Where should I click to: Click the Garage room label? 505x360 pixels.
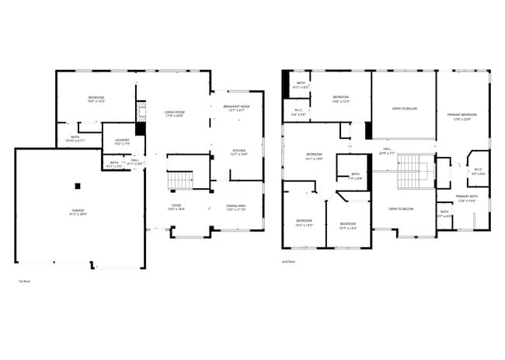[x=78, y=212]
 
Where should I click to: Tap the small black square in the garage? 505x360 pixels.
[x=78, y=186]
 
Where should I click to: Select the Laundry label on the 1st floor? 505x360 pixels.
[x=122, y=142]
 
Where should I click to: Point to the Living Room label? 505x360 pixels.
[x=174, y=114]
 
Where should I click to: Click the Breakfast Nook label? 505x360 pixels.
[x=236, y=108]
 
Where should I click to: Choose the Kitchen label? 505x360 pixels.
[x=239, y=152]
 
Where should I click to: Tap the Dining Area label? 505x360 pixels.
[x=236, y=208]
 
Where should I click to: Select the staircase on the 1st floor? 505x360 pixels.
[x=179, y=180]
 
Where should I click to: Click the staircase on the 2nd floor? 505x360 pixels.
[x=408, y=172]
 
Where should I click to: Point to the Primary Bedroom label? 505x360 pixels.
[x=462, y=117]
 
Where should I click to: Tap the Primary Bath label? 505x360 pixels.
[x=467, y=198]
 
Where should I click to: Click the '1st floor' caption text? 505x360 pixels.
[x=23, y=281]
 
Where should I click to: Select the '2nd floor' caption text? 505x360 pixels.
[x=289, y=262]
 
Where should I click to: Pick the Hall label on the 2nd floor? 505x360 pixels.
[x=387, y=151]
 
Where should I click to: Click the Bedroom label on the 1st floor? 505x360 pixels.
[x=96, y=99]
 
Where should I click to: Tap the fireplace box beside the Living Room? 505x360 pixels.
[x=140, y=130]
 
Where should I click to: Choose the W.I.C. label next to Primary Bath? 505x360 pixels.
[x=478, y=171]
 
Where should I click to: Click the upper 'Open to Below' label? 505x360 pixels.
[x=404, y=108]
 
